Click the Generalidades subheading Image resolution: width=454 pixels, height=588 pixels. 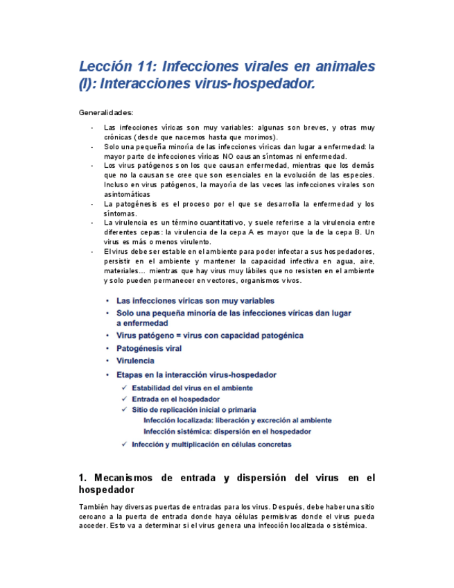[106, 112]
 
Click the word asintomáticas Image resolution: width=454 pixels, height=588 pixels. [127, 195]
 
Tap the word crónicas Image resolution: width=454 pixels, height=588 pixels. [118, 137]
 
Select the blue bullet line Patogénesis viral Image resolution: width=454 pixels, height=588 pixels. [149, 348]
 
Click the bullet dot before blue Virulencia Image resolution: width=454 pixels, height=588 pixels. [107, 361]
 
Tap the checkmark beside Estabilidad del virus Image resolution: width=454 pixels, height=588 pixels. [124, 388]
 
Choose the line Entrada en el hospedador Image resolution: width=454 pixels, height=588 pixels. [175, 399]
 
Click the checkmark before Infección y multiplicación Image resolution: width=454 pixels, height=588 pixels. [124, 444]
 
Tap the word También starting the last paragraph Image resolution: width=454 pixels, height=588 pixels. [94, 506]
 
